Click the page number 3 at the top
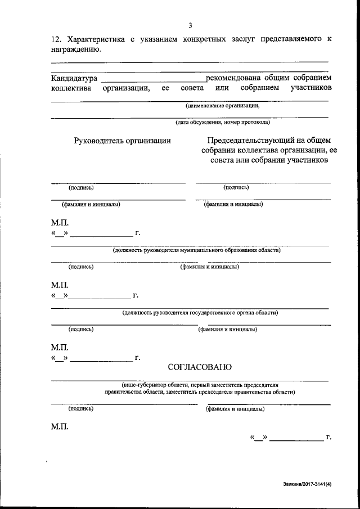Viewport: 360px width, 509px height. tap(191, 25)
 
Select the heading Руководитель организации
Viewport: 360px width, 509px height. tap(123, 141)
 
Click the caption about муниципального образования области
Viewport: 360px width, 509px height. tap(196, 250)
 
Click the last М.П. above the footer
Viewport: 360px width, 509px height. tap(59, 427)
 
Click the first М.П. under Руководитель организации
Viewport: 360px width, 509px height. tap(59, 223)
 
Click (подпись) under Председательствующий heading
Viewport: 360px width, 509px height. tap(236, 187)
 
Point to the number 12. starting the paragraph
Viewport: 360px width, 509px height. tap(56, 39)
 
